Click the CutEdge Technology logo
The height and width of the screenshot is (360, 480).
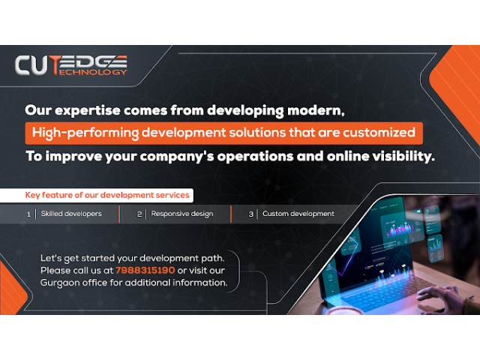(x=71, y=65)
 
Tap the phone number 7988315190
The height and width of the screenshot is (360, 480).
(x=145, y=270)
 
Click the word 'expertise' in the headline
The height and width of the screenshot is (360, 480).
(x=88, y=110)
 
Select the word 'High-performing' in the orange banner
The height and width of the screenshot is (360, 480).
(x=85, y=133)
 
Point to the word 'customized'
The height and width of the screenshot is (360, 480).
(x=379, y=133)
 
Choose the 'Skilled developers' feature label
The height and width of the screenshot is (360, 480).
(x=71, y=214)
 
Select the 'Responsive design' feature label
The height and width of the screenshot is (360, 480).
(x=181, y=214)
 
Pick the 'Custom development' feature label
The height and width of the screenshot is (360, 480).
(x=298, y=214)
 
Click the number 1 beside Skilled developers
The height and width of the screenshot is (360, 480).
(x=28, y=214)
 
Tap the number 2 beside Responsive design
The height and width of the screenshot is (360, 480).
(x=139, y=214)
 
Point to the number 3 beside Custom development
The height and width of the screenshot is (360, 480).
(x=251, y=214)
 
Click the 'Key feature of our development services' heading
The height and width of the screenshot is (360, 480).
(x=107, y=195)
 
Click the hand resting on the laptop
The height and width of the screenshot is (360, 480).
(x=441, y=298)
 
